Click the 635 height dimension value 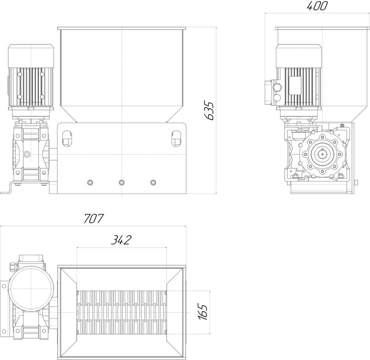coord(209,111)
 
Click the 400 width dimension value coord(317,6)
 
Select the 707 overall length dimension coord(94,218)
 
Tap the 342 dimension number coord(121,240)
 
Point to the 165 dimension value coord(203,312)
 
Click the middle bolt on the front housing coord(121,182)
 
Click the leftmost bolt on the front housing coord(90,182)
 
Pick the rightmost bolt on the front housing coord(153,182)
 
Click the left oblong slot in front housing coord(67,138)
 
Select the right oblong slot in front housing coord(176,138)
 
